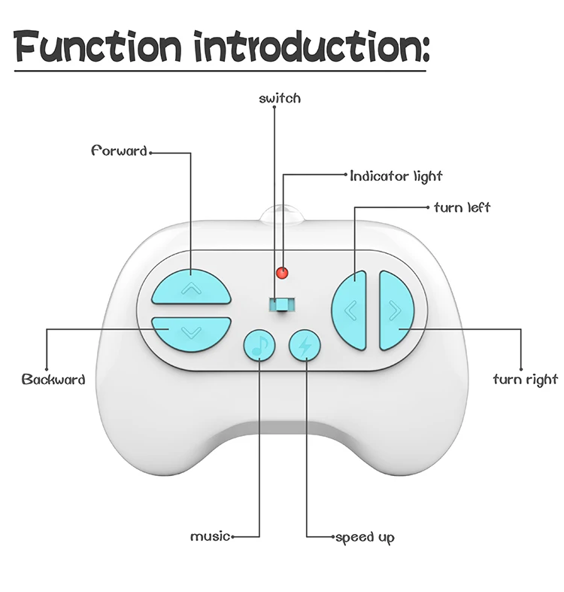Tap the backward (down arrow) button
[x=191, y=331]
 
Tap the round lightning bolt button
[x=305, y=346]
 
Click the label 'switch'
[x=279, y=98]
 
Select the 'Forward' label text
[x=119, y=151]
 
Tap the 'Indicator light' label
[x=396, y=176]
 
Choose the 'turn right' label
[x=525, y=379]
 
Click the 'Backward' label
[x=53, y=379]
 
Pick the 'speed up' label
[x=365, y=537]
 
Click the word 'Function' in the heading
[x=99, y=47]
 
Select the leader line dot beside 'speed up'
[x=333, y=537]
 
